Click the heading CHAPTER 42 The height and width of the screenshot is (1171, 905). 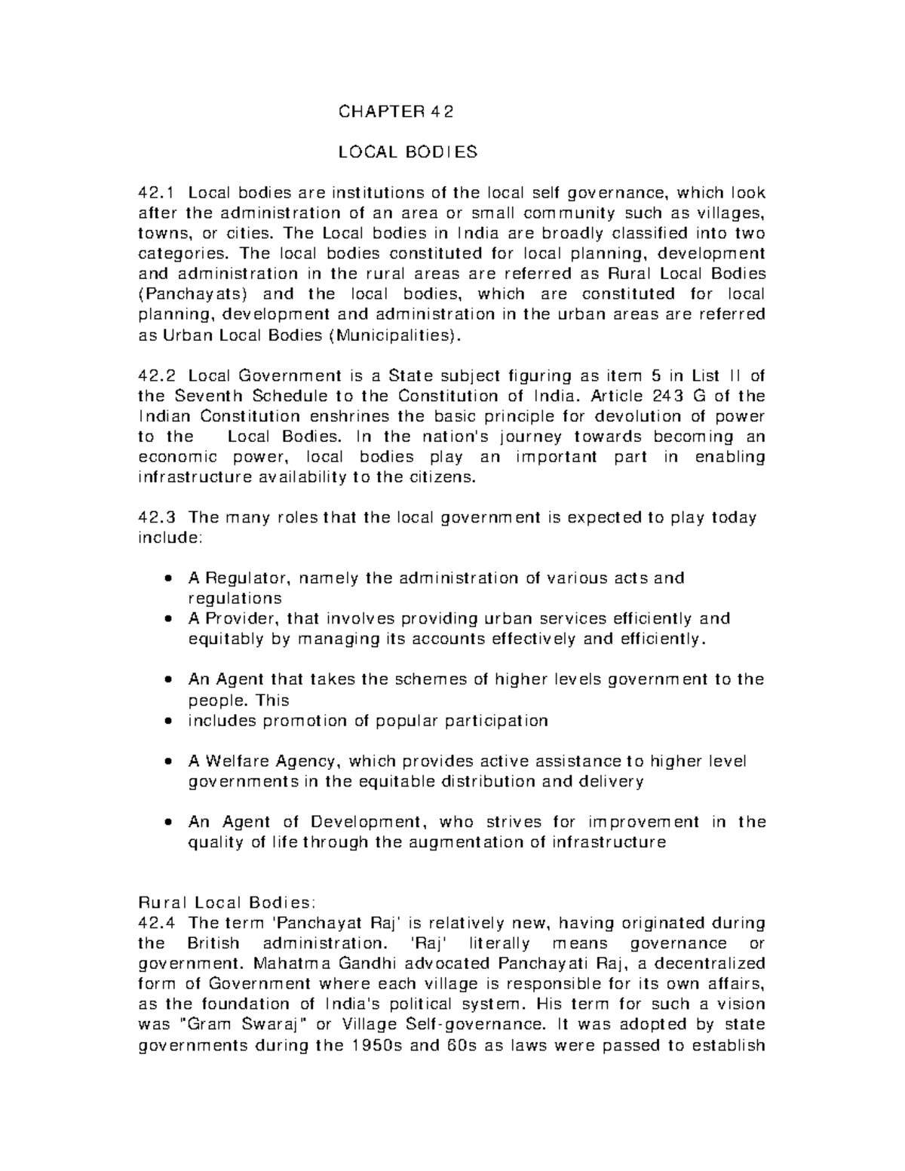397,112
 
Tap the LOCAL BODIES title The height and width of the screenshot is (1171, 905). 407,152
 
